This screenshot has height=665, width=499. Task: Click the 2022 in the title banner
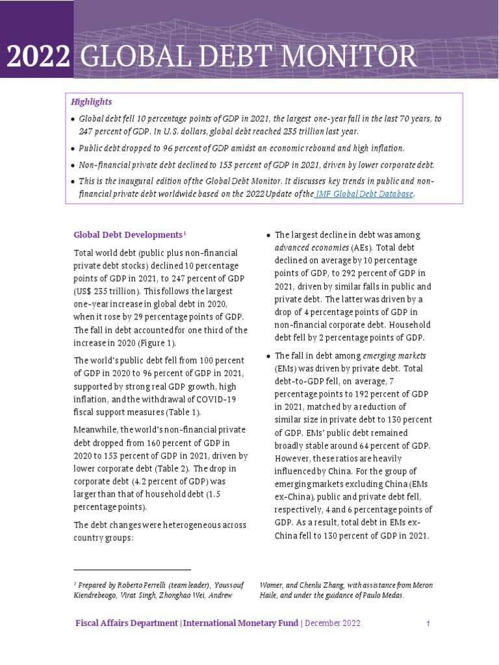(x=38, y=57)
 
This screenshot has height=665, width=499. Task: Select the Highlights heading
(x=92, y=102)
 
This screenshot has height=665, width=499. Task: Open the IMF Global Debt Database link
(x=365, y=194)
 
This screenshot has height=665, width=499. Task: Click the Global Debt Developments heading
(x=127, y=234)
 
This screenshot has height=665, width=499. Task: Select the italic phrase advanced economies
(x=312, y=247)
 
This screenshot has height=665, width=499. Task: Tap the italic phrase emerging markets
(x=394, y=356)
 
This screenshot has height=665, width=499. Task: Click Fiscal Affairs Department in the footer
(x=127, y=623)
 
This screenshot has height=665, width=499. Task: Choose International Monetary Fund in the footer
(x=240, y=623)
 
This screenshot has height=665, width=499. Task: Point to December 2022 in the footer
(x=332, y=623)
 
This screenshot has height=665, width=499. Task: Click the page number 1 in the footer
(x=428, y=624)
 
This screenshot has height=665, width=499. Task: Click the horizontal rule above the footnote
(x=132, y=570)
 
